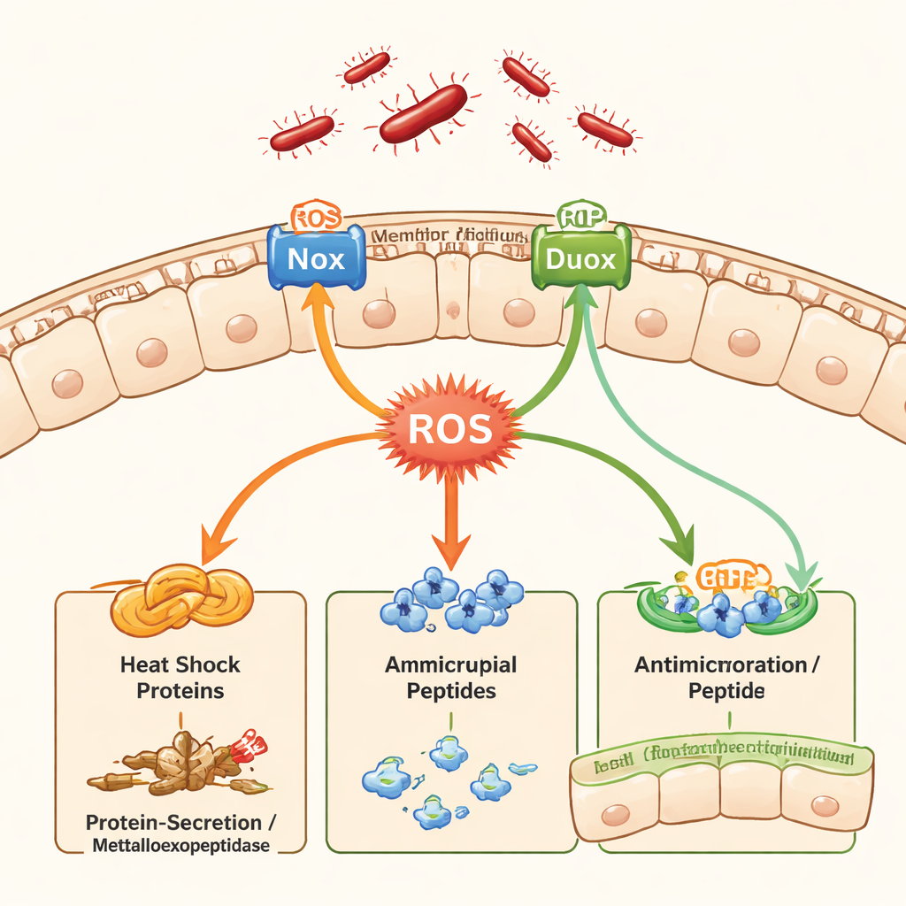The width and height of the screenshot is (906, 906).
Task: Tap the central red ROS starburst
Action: click(x=449, y=430)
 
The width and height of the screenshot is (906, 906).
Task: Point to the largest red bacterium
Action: click(x=423, y=112)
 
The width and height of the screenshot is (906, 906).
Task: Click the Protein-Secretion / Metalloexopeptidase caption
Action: click(x=180, y=834)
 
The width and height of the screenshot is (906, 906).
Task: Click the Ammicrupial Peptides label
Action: click(x=450, y=677)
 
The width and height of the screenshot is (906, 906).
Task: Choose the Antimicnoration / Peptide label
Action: click(x=720, y=677)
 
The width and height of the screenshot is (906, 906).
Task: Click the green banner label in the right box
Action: click(x=721, y=758)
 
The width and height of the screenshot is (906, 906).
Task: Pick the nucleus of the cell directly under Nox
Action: click(x=380, y=312)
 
